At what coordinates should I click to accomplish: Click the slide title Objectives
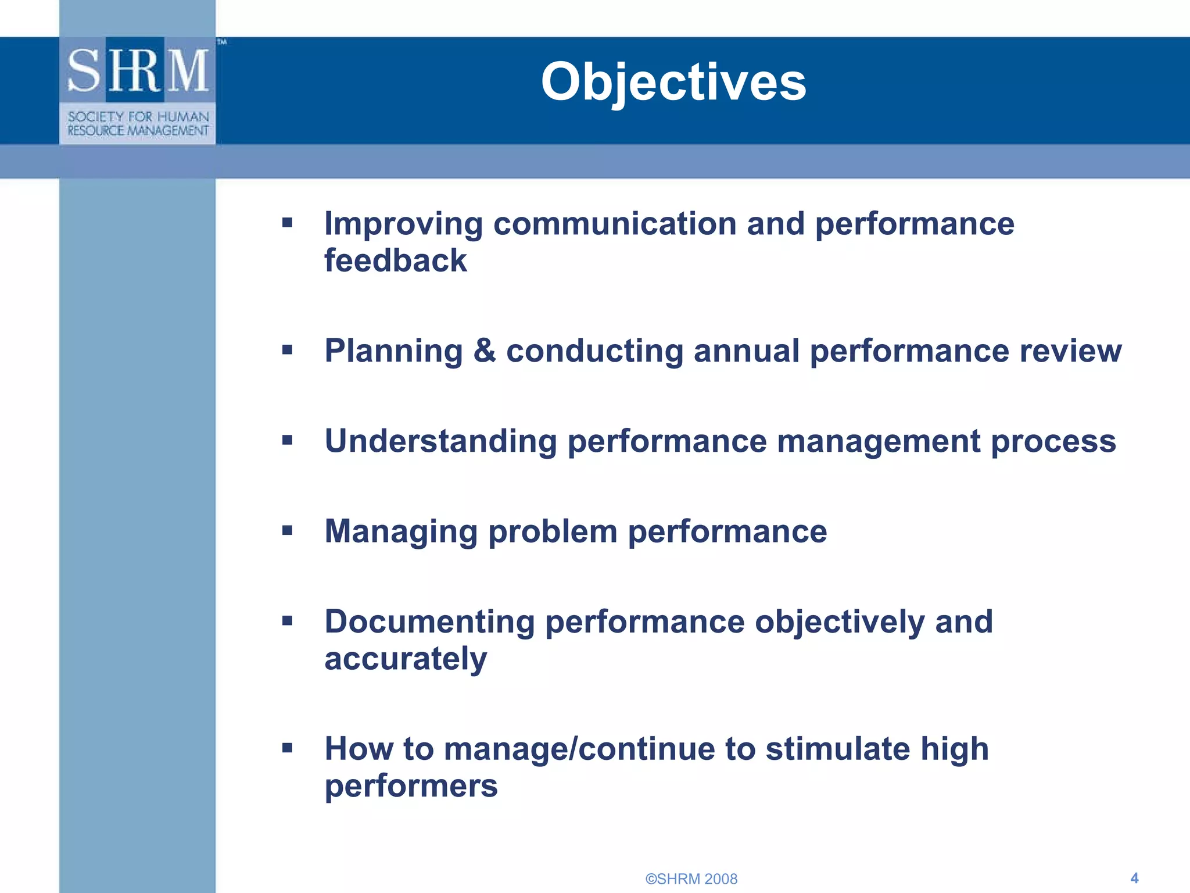(x=673, y=82)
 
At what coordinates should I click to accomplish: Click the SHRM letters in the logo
(x=138, y=71)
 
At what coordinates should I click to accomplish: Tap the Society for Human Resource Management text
(x=138, y=123)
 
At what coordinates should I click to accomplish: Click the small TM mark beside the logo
(x=222, y=42)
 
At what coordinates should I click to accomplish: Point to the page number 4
(x=1134, y=878)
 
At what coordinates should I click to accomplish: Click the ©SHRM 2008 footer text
(x=691, y=878)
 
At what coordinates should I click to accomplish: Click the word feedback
(x=395, y=260)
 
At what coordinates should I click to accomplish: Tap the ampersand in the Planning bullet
(x=484, y=351)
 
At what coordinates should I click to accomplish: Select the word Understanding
(x=440, y=441)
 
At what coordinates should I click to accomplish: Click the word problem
(x=553, y=531)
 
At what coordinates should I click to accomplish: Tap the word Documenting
(x=429, y=622)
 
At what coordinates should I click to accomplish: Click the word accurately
(x=405, y=659)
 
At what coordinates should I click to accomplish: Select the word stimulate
(x=837, y=749)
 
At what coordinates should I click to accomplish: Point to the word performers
(x=411, y=786)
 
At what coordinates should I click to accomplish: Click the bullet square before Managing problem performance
(x=287, y=530)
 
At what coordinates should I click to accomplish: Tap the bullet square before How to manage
(x=287, y=748)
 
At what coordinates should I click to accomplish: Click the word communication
(x=615, y=224)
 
